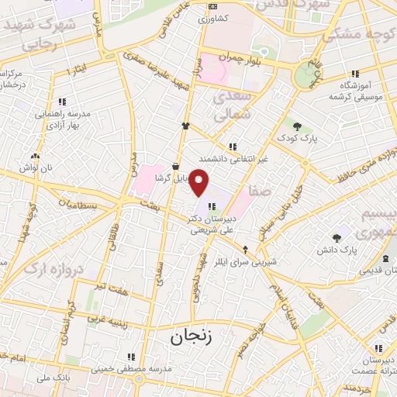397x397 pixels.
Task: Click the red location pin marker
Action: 199,182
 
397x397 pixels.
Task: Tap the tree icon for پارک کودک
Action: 297,126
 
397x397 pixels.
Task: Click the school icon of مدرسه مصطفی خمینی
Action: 131,356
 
